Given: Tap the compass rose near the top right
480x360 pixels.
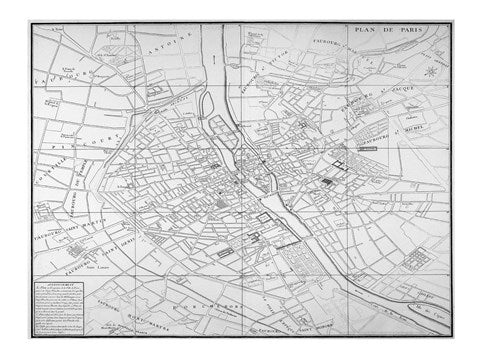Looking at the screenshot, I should [429, 70].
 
